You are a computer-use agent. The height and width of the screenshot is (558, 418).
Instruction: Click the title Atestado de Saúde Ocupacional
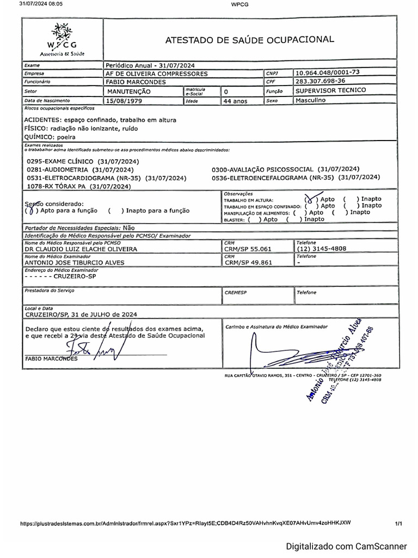pyautogui.click(x=249, y=39)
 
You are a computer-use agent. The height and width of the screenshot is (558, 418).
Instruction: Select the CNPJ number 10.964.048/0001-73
pyautogui.click(x=328, y=72)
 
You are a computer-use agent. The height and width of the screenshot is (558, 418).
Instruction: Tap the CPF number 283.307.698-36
pyautogui.click(x=321, y=81)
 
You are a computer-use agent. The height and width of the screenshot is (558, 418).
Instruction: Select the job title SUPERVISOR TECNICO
pyautogui.click(x=330, y=90)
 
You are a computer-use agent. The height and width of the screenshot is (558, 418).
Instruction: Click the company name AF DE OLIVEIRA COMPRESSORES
pyautogui.click(x=157, y=73)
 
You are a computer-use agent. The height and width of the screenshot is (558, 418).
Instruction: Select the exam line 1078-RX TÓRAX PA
pyautogui.click(x=79, y=186)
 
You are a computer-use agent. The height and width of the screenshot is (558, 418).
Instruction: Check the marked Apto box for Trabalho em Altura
pyautogui.click(x=311, y=199)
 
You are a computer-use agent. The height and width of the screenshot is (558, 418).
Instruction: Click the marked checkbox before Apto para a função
pyautogui.click(x=31, y=210)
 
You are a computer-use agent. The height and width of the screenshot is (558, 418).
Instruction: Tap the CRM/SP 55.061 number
pyautogui.click(x=244, y=248)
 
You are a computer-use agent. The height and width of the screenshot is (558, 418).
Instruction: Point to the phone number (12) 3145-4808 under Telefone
pyautogui.click(x=322, y=248)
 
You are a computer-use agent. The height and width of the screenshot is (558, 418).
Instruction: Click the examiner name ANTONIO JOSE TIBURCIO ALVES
pyautogui.click(x=75, y=262)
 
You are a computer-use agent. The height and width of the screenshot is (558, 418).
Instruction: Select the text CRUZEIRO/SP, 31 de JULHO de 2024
pyautogui.click(x=81, y=314)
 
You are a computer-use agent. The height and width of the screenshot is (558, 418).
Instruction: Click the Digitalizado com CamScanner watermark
pyautogui.click(x=347, y=546)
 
